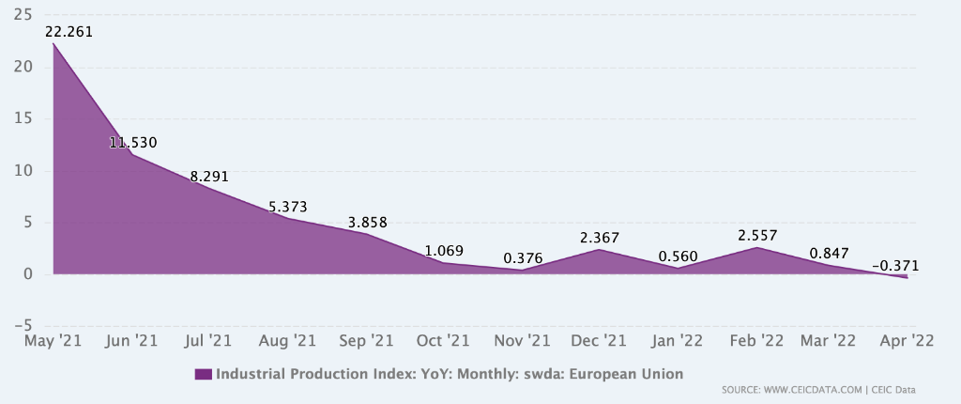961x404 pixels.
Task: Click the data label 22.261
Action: (68, 32)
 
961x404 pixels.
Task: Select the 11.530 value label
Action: (132, 143)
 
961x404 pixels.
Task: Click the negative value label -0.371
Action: (895, 267)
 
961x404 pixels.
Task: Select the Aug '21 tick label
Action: (286, 340)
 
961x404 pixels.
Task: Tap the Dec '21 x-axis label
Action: (599, 340)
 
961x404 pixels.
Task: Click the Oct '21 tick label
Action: (443, 340)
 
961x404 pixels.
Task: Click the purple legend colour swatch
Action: (204, 374)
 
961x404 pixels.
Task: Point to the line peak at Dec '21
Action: (599, 249)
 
